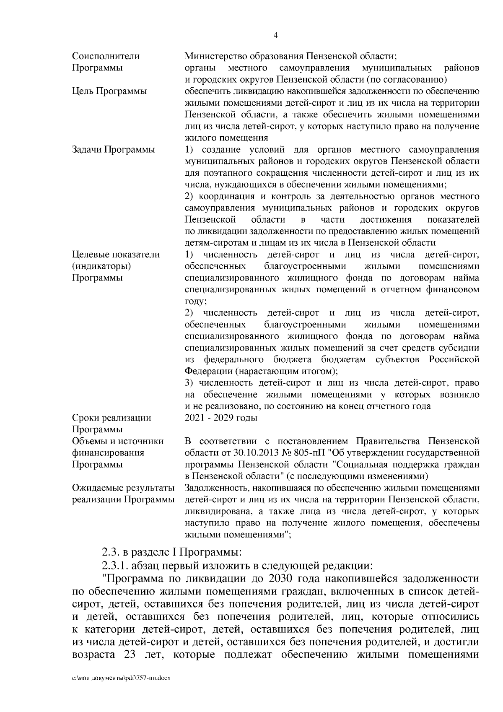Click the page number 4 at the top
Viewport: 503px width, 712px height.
click(275, 36)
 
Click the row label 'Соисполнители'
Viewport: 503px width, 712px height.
click(106, 56)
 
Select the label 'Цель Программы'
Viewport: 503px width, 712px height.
click(109, 91)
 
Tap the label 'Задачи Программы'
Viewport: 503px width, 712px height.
click(113, 150)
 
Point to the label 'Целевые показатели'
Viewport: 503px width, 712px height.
click(116, 255)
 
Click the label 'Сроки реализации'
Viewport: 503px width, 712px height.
click(111, 418)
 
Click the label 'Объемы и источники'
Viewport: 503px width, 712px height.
click(118, 441)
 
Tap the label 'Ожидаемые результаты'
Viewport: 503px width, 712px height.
click(123, 488)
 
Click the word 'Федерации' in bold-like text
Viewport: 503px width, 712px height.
click(208, 371)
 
